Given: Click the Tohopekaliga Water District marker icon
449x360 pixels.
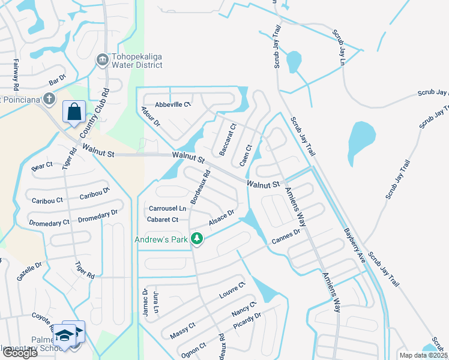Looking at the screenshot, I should (x=103, y=59).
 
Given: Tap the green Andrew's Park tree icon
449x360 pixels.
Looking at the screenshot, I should (x=196, y=239).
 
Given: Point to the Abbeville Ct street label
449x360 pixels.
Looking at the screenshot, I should (x=173, y=104).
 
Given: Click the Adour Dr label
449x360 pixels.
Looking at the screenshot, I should (x=151, y=116).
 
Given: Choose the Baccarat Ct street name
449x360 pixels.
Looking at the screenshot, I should (x=228, y=140).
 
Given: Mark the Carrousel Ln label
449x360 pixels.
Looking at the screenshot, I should (x=167, y=208).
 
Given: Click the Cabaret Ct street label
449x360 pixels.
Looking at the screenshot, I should (x=163, y=220).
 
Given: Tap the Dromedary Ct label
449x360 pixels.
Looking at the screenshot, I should (x=49, y=223).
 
